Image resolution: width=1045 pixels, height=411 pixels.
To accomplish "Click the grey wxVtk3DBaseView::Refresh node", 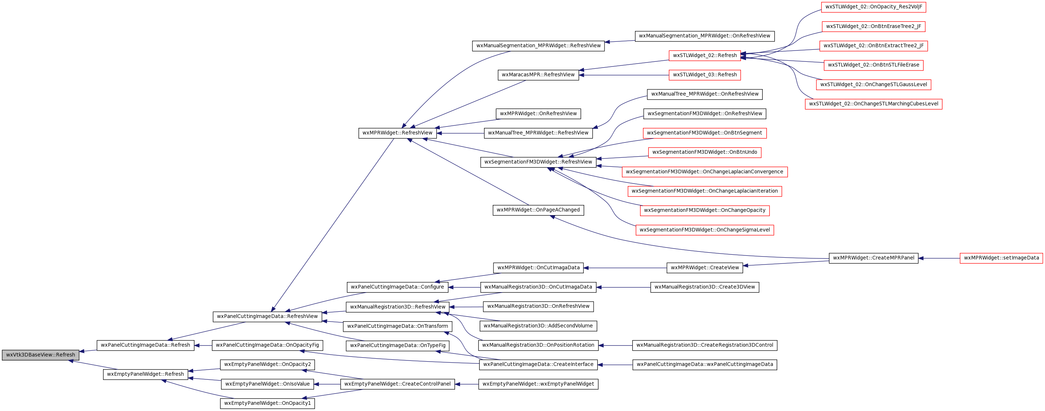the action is pos(40,355).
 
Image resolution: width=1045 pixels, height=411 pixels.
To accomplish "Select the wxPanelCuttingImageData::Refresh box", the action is pos(145,345).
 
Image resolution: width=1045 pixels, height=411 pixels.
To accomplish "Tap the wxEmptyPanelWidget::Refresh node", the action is pos(145,374).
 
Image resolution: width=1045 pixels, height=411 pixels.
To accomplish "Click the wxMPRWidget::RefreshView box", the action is pos(397,133).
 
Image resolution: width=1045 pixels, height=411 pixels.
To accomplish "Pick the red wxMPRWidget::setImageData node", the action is pos(1001,258).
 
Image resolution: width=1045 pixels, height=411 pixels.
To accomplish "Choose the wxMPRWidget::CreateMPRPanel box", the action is pos(873,258).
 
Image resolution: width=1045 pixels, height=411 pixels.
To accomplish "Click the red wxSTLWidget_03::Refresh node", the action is pos(705,75).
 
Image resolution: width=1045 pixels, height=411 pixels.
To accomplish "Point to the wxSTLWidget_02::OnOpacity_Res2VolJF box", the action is pos(873,7).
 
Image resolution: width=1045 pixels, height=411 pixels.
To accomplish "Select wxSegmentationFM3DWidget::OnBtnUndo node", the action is pos(705,152).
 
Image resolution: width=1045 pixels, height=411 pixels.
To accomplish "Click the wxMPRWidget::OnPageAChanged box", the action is pos(538,210).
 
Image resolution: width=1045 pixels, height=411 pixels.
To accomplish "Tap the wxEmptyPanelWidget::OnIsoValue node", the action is pos(267,384).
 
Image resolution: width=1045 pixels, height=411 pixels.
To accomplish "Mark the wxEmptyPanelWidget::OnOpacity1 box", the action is pos(267,403).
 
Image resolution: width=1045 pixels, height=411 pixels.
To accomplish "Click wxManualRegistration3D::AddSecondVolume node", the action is pos(538,326).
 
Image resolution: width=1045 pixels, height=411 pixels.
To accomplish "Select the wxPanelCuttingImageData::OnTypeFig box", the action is pos(398,346).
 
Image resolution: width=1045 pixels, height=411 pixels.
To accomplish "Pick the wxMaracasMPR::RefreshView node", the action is pos(538,75).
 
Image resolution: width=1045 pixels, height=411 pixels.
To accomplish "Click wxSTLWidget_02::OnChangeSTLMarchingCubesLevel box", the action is pos(873,104).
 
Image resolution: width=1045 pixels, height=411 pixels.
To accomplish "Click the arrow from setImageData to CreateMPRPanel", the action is pos(939,258).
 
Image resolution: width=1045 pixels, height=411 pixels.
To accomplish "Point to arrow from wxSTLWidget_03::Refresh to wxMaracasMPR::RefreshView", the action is pos(624,75).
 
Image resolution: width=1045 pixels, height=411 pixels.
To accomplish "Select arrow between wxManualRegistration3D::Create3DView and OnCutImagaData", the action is pos(623,287).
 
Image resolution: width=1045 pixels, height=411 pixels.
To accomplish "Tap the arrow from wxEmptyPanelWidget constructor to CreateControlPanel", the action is pos(467,384).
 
